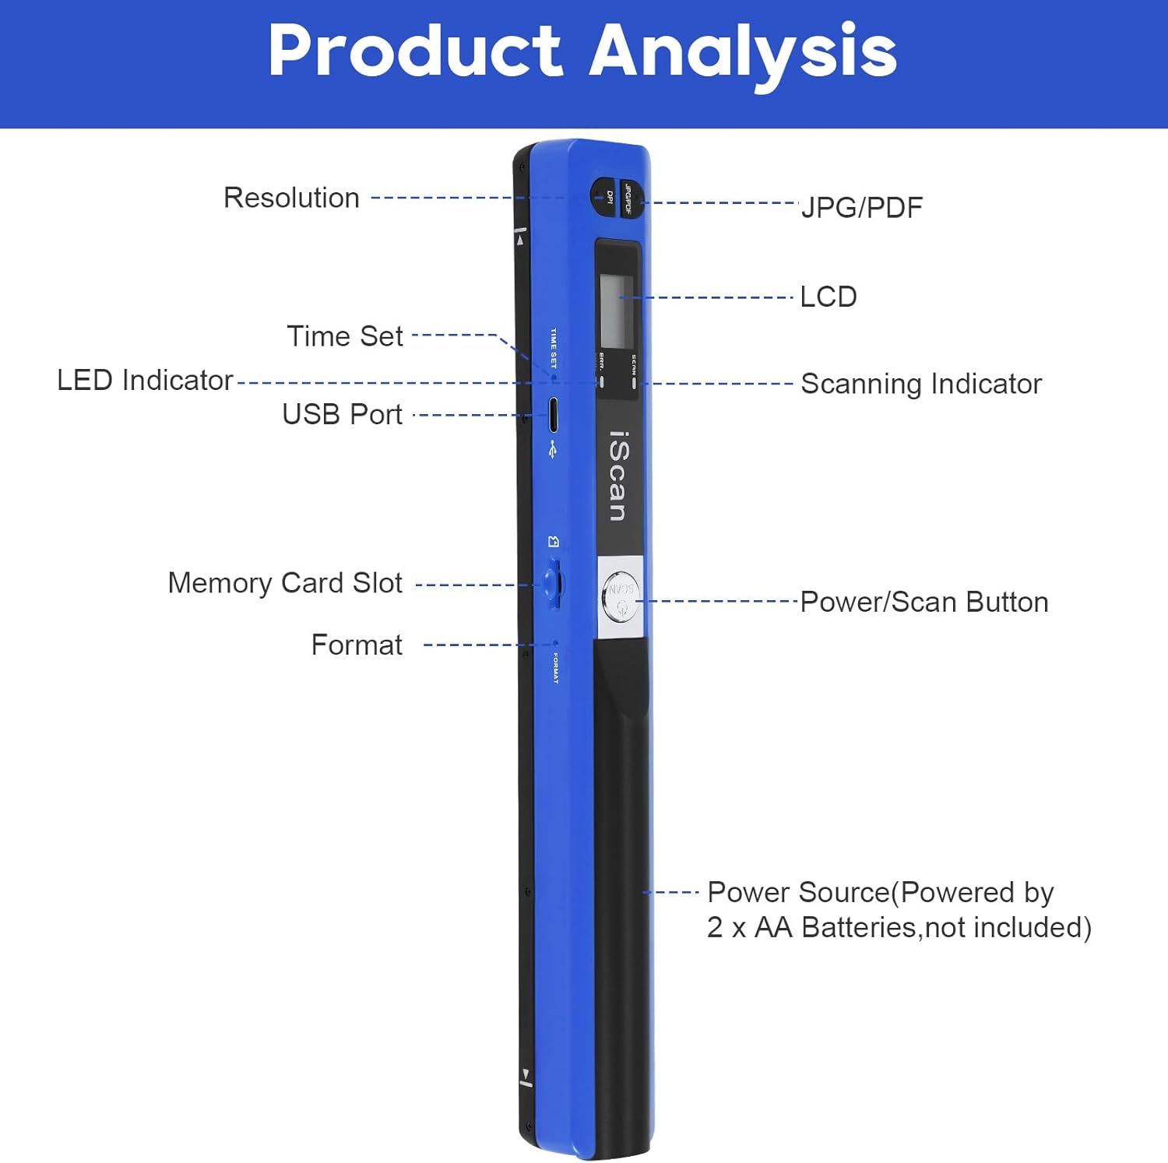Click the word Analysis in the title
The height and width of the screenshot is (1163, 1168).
pyautogui.click(x=743, y=51)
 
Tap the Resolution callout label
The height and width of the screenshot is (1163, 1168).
pyautogui.click(x=291, y=198)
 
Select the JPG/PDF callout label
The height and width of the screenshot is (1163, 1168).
pyautogui.click(x=862, y=208)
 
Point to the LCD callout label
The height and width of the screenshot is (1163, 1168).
pyautogui.click(x=829, y=297)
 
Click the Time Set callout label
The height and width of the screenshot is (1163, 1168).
pyautogui.click(x=345, y=336)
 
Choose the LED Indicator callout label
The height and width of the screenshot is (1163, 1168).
pyautogui.click(x=145, y=381)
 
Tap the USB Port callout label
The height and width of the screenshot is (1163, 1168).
pyautogui.click(x=342, y=414)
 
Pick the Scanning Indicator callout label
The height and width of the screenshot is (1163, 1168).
pyautogui.click(x=921, y=384)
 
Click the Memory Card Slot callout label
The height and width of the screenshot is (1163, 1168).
pyautogui.click(x=285, y=583)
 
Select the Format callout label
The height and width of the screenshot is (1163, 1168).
pyautogui.click(x=357, y=645)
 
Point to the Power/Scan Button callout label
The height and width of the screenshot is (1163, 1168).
pyautogui.click(x=924, y=603)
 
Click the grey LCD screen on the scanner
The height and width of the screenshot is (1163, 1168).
pyautogui.click(x=617, y=311)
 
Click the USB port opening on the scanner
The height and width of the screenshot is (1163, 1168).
pyautogui.click(x=553, y=414)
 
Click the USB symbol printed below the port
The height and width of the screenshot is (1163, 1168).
pyautogui.click(x=553, y=449)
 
